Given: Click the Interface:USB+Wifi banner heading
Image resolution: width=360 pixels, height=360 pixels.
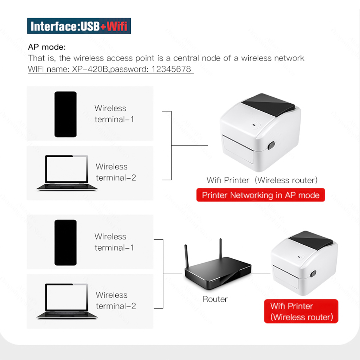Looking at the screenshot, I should click(x=79, y=26).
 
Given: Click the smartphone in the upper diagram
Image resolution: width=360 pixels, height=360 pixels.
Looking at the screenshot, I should click(x=65, y=114).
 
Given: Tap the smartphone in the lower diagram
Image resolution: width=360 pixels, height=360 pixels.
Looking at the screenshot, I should click(x=65, y=243).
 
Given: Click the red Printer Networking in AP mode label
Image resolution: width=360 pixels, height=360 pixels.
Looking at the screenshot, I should click(x=261, y=195).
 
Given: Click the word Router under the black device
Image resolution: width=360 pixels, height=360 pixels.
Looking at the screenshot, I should click(x=215, y=299).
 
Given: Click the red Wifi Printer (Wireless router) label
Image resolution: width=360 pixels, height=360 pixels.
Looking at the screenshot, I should click(x=301, y=311).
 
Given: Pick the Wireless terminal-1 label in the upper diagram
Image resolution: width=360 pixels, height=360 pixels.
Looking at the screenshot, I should click(x=114, y=114).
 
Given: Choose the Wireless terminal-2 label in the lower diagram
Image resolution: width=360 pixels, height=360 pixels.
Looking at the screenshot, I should click(x=116, y=300).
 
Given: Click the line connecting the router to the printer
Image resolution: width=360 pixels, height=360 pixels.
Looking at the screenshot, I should click(x=261, y=273).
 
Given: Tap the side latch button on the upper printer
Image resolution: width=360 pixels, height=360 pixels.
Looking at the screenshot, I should click(x=271, y=145).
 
